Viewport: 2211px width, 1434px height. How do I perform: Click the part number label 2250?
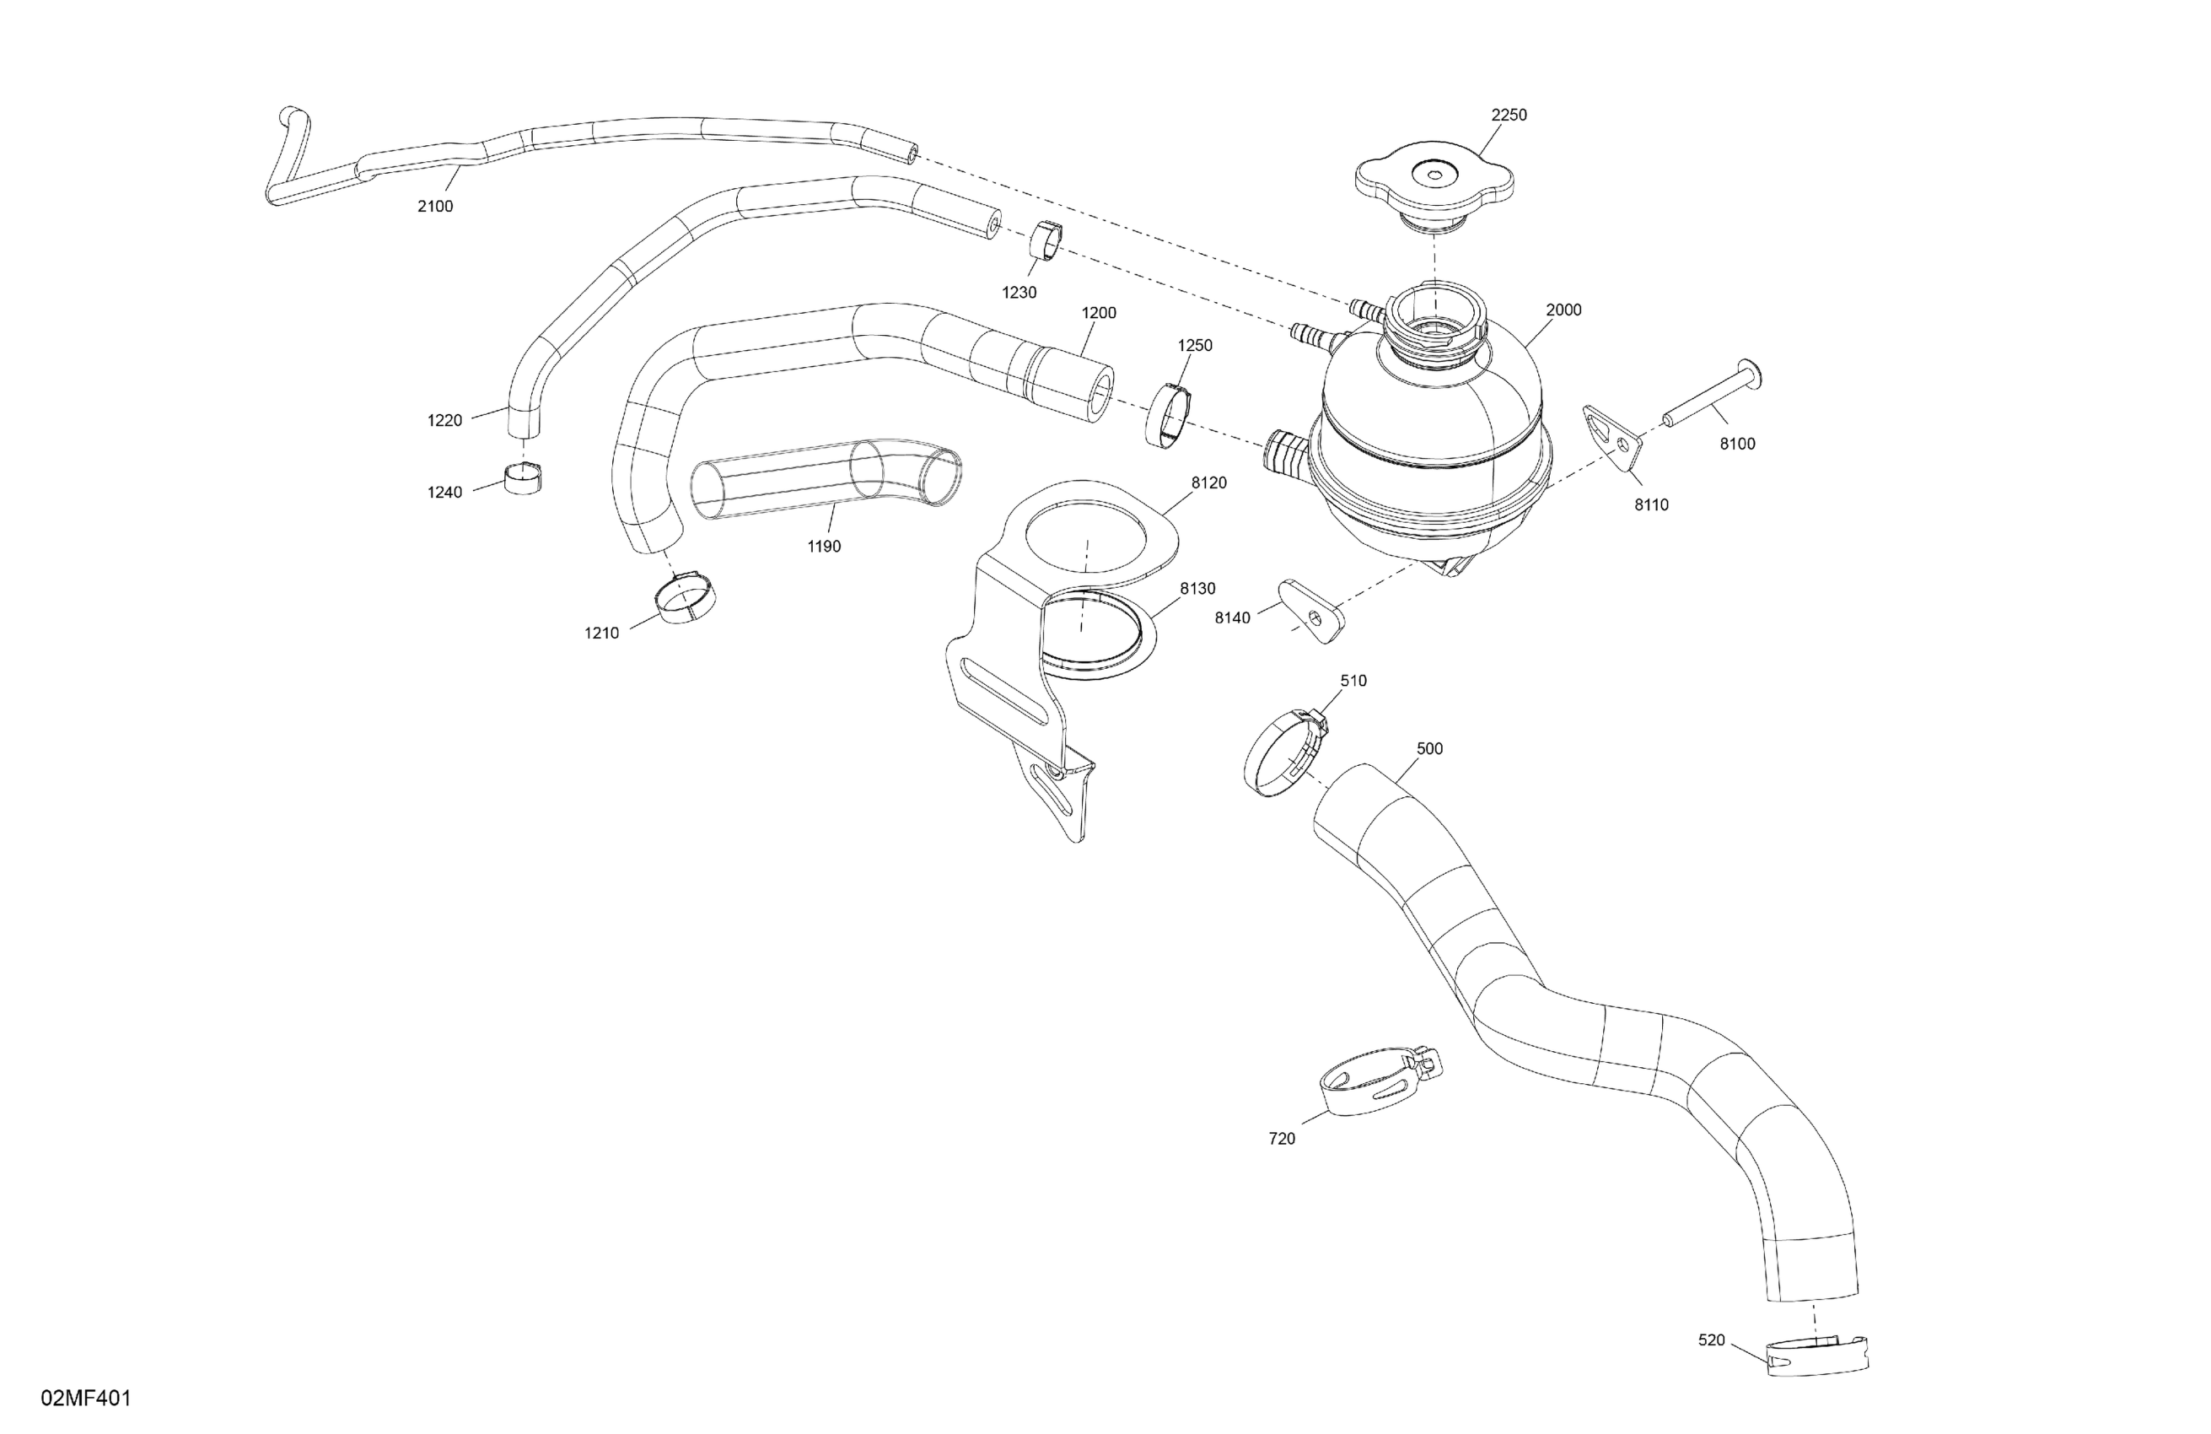click(1509, 116)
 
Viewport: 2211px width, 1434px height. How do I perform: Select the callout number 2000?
click(1563, 310)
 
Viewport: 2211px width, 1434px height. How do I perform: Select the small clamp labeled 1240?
click(524, 477)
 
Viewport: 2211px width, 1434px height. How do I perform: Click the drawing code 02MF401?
click(86, 1399)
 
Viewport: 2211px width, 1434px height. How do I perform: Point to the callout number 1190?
click(824, 547)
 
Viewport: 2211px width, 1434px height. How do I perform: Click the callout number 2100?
click(435, 207)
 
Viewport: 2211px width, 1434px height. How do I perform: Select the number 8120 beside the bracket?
click(1208, 483)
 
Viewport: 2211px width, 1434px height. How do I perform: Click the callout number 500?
click(1429, 749)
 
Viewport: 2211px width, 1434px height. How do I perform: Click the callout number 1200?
click(1099, 313)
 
